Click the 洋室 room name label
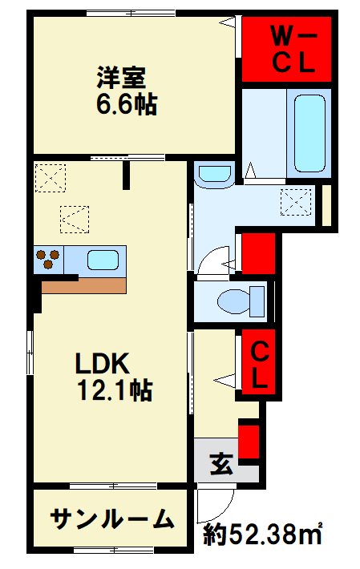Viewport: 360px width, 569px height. pos(121,77)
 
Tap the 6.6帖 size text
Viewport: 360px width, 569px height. pos(127,104)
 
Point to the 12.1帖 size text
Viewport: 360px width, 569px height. pos(115,389)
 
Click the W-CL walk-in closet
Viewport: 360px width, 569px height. pos(286,49)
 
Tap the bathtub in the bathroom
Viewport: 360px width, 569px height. pos(309,133)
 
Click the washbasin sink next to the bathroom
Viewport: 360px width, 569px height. pos(213,174)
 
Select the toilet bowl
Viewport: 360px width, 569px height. pos(241,301)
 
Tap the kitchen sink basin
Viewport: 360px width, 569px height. pos(103,260)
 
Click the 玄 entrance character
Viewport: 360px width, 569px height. pos(221,463)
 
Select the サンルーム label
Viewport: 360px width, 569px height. pos(111,519)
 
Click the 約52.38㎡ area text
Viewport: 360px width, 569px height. pos(262,535)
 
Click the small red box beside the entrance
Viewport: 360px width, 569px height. pos(249,442)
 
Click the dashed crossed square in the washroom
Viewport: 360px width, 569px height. pos(296,202)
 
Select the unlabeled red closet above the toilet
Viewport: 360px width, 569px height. pos(258,254)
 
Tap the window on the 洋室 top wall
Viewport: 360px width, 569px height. pos(131,14)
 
